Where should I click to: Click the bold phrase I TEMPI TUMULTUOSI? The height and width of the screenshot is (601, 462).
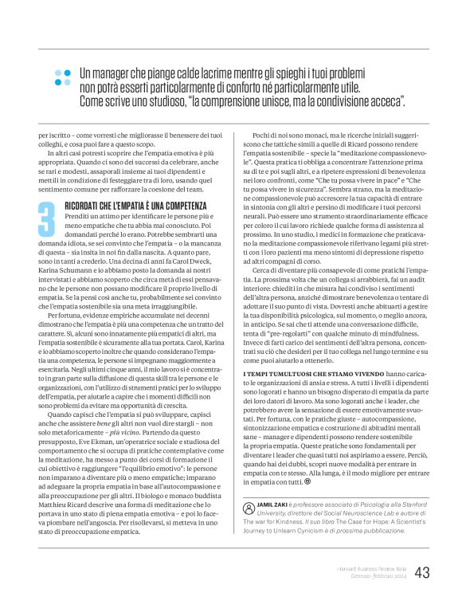coord(276,373)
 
